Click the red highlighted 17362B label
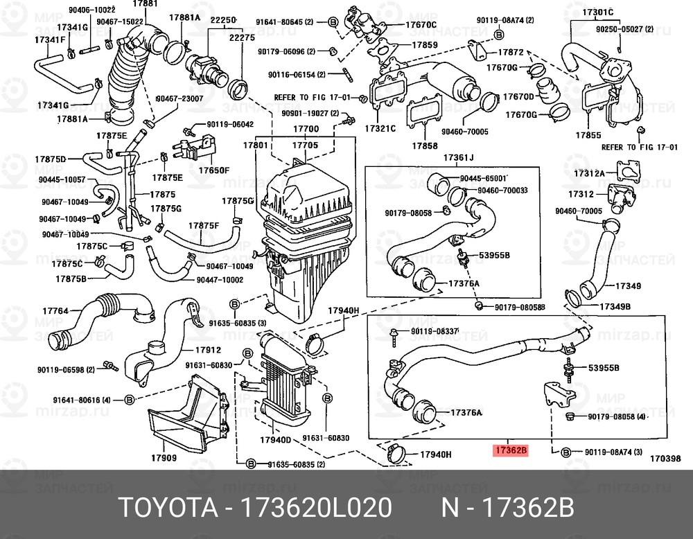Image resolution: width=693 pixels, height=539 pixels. pyautogui.click(x=511, y=450)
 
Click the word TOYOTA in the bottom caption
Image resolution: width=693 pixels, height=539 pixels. pyautogui.click(x=166, y=507)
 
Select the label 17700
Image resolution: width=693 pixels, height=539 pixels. pyautogui.click(x=305, y=130)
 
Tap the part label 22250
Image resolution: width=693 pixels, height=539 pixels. pyautogui.click(x=224, y=20)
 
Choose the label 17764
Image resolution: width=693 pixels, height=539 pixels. pyautogui.click(x=55, y=311)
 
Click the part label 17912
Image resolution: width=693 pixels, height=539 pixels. pyautogui.click(x=207, y=350)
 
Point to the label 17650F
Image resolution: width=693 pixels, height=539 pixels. pyautogui.click(x=215, y=169)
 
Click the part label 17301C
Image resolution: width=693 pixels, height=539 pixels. pyautogui.click(x=597, y=12)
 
